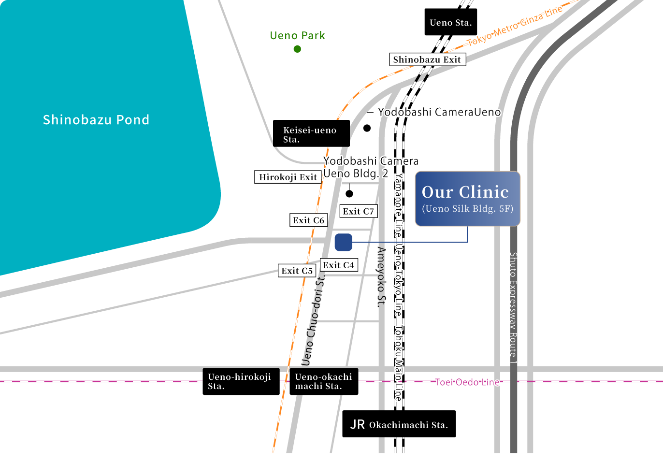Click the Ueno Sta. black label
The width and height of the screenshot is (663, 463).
450,22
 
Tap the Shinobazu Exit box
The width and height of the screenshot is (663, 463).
427,59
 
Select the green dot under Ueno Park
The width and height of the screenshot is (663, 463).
297,49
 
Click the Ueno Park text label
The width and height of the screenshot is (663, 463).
297,35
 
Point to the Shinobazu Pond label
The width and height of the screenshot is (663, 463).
96,119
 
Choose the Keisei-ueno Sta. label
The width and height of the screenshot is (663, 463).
311,134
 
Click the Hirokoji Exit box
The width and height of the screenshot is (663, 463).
288,177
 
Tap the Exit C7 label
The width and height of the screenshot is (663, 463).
358,211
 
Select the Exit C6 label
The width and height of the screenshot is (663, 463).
308,220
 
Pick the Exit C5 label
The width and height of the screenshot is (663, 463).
297,271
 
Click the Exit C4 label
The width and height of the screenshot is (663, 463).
338,265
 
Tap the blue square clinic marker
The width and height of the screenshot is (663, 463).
344,242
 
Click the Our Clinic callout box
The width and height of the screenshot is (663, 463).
467,199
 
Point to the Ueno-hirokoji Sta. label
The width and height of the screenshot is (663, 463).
241,381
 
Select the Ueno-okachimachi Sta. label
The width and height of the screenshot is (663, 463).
323,381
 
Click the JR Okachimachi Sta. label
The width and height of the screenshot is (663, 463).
399,424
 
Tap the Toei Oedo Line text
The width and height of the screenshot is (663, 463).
467,382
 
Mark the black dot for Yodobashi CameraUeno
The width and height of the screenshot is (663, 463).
367,128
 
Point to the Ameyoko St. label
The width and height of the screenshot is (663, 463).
382,276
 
